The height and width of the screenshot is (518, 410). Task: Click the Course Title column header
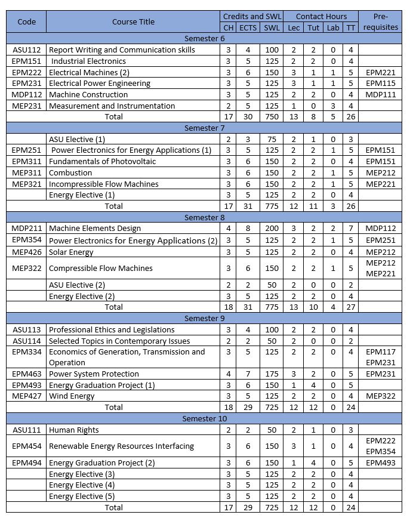point(133,22)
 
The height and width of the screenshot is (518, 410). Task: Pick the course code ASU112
point(26,50)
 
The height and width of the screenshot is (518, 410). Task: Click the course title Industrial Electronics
point(88,61)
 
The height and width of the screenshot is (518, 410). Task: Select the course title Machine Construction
point(88,94)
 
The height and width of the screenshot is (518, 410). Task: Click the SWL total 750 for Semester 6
point(271,117)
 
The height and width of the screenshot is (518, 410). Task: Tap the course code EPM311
point(26,161)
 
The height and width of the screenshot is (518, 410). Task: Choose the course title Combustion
point(70,172)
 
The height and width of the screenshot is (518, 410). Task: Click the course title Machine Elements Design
point(95,228)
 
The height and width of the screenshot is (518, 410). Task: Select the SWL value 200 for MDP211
point(271,228)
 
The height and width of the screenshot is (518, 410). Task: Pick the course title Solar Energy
point(72,252)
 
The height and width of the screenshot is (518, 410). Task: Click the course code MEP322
point(26,268)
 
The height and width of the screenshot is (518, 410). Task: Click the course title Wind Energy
point(72,396)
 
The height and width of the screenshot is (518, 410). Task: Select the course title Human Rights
point(74,430)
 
